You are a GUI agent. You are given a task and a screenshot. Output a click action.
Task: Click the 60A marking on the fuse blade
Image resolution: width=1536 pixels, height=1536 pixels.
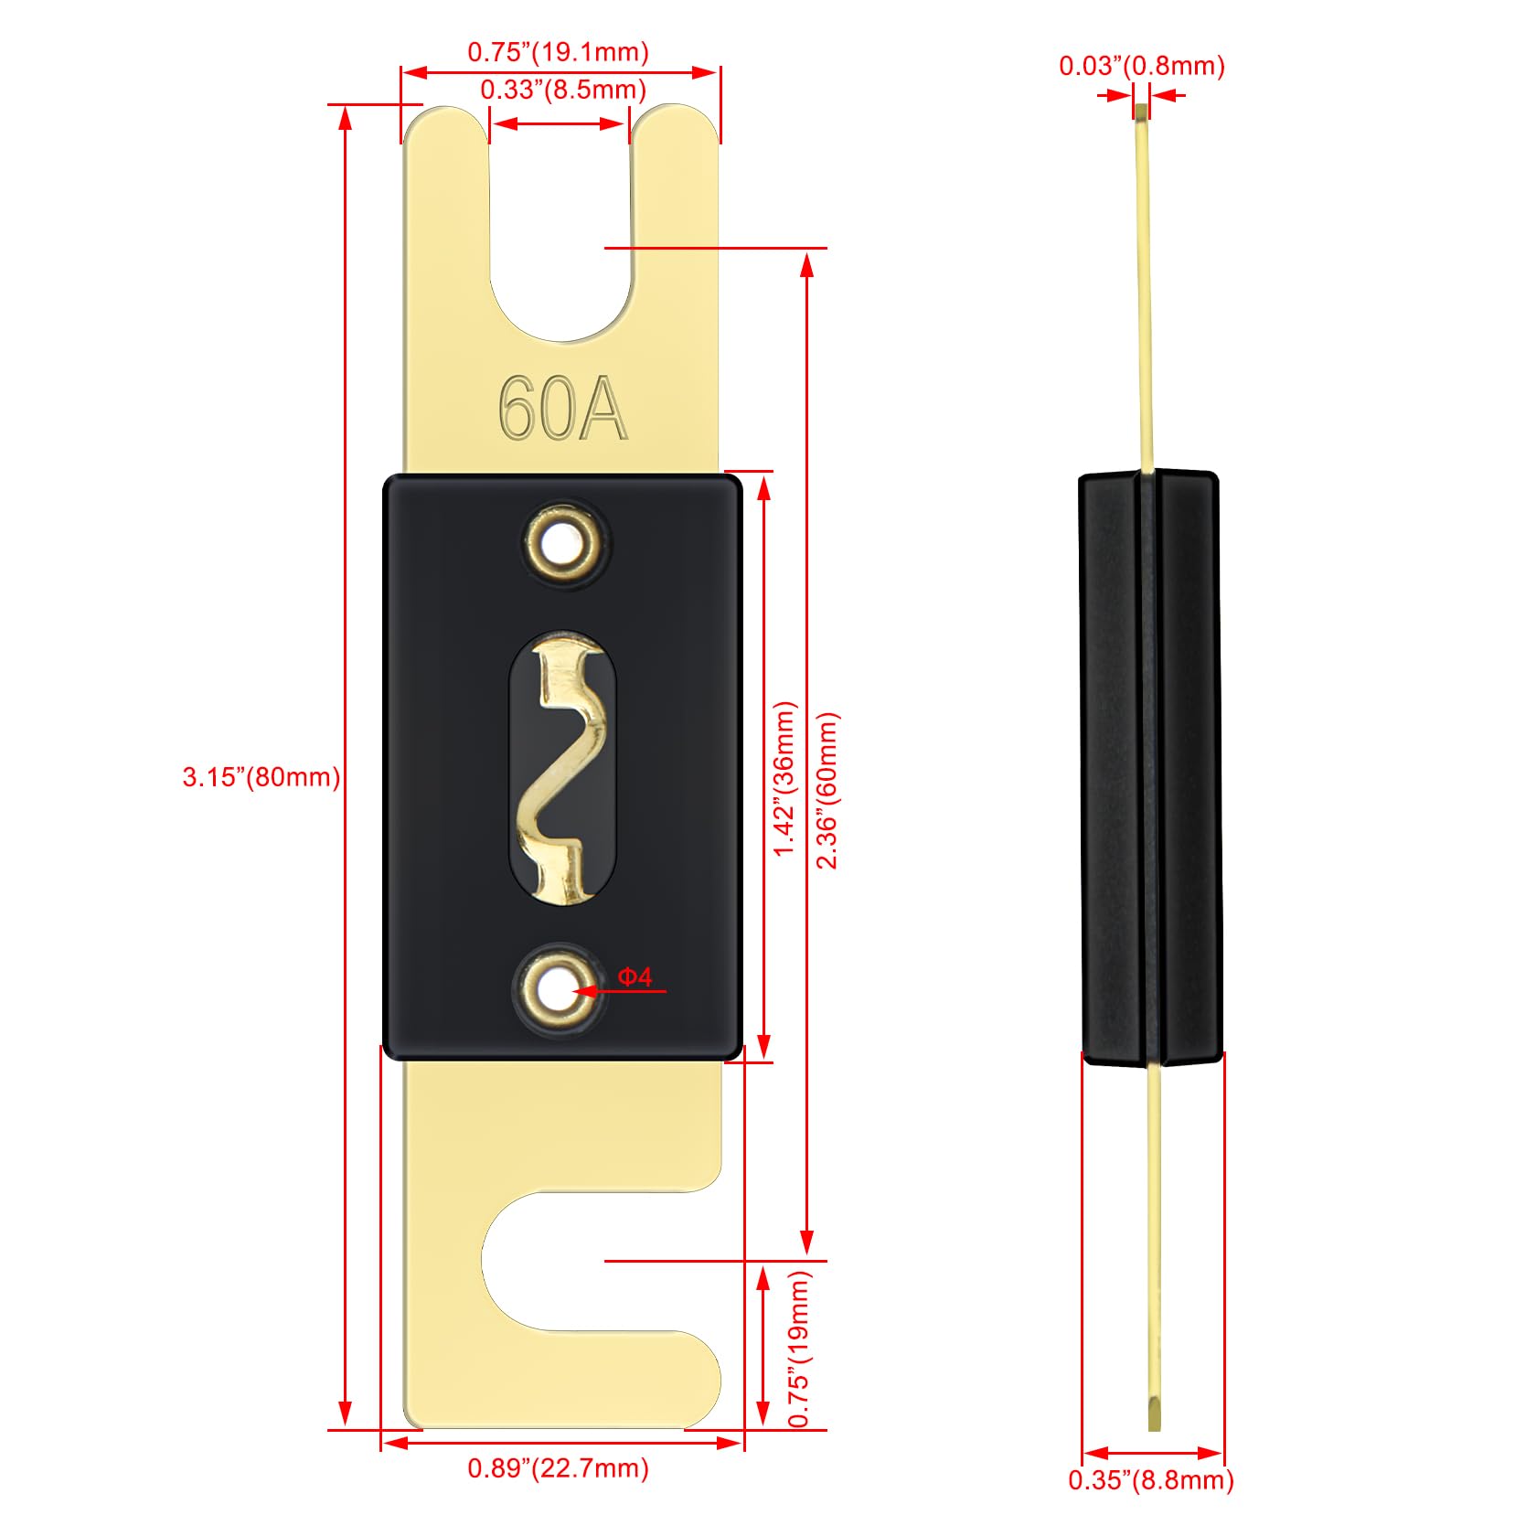tap(562, 409)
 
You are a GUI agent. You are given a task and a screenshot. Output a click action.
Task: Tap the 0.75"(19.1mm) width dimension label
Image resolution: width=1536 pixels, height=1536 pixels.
tap(558, 52)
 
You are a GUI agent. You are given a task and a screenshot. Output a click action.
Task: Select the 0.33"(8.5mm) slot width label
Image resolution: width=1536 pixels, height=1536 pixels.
tap(563, 90)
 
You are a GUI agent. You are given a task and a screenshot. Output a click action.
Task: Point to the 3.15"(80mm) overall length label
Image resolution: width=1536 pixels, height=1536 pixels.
tap(261, 777)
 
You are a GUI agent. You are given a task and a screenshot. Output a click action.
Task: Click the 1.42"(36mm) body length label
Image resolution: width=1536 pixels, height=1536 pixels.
tap(784, 778)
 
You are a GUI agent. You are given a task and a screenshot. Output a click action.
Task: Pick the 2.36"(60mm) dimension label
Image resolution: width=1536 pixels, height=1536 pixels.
tap(827, 790)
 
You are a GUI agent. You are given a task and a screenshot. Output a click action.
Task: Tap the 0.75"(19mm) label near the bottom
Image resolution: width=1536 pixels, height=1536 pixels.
tap(798, 1349)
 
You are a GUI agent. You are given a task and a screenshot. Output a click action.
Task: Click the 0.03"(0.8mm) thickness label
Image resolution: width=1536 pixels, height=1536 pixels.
tap(1141, 66)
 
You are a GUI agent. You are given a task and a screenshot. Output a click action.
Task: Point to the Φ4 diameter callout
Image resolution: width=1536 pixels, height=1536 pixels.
tap(635, 977)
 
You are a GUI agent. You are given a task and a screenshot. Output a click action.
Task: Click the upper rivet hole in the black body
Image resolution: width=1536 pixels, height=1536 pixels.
tap(561, 546)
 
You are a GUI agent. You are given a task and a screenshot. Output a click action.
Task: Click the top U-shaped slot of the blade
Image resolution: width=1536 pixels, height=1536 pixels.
tap(560, 229)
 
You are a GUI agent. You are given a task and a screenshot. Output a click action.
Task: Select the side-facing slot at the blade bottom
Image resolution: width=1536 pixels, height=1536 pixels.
tap(585, 1262)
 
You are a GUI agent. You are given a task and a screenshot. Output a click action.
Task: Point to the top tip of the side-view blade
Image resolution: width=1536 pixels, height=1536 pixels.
tap(1141, 112)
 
